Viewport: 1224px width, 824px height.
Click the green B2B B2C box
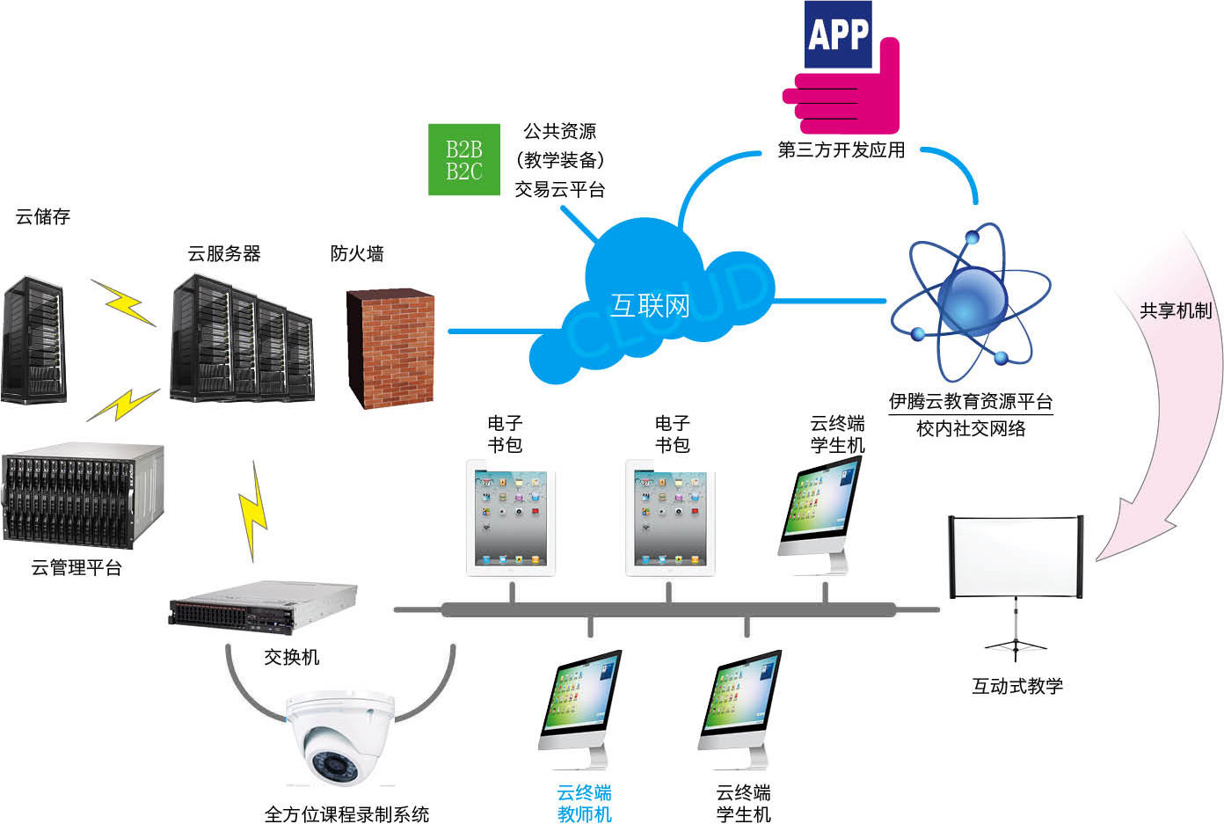tap(463, 159)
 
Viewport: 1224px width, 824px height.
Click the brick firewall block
tap(390, 347)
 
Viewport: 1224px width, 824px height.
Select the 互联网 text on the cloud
tap(650, 306)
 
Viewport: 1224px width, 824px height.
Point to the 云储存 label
tap(42, 216)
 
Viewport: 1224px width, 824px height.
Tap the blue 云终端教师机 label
tap(584, 804)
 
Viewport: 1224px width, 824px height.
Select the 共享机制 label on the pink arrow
tap(1175, 310)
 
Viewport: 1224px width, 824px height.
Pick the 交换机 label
tap(291, 657)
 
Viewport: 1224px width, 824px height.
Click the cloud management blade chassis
tap(82, 497)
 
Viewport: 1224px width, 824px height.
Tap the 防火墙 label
tap(357, 253)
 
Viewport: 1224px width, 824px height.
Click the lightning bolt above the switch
tap(253, 510)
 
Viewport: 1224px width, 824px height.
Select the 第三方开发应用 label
tap(841, 150)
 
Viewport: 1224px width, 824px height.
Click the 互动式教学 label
tap(1016, 686)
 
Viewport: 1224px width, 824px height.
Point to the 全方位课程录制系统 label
tap(346, 814)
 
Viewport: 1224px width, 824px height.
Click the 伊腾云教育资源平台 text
tap(970, 402)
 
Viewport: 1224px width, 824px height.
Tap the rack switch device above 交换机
tap(263, 607)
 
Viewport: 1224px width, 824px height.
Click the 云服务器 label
tap(224, 253)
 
